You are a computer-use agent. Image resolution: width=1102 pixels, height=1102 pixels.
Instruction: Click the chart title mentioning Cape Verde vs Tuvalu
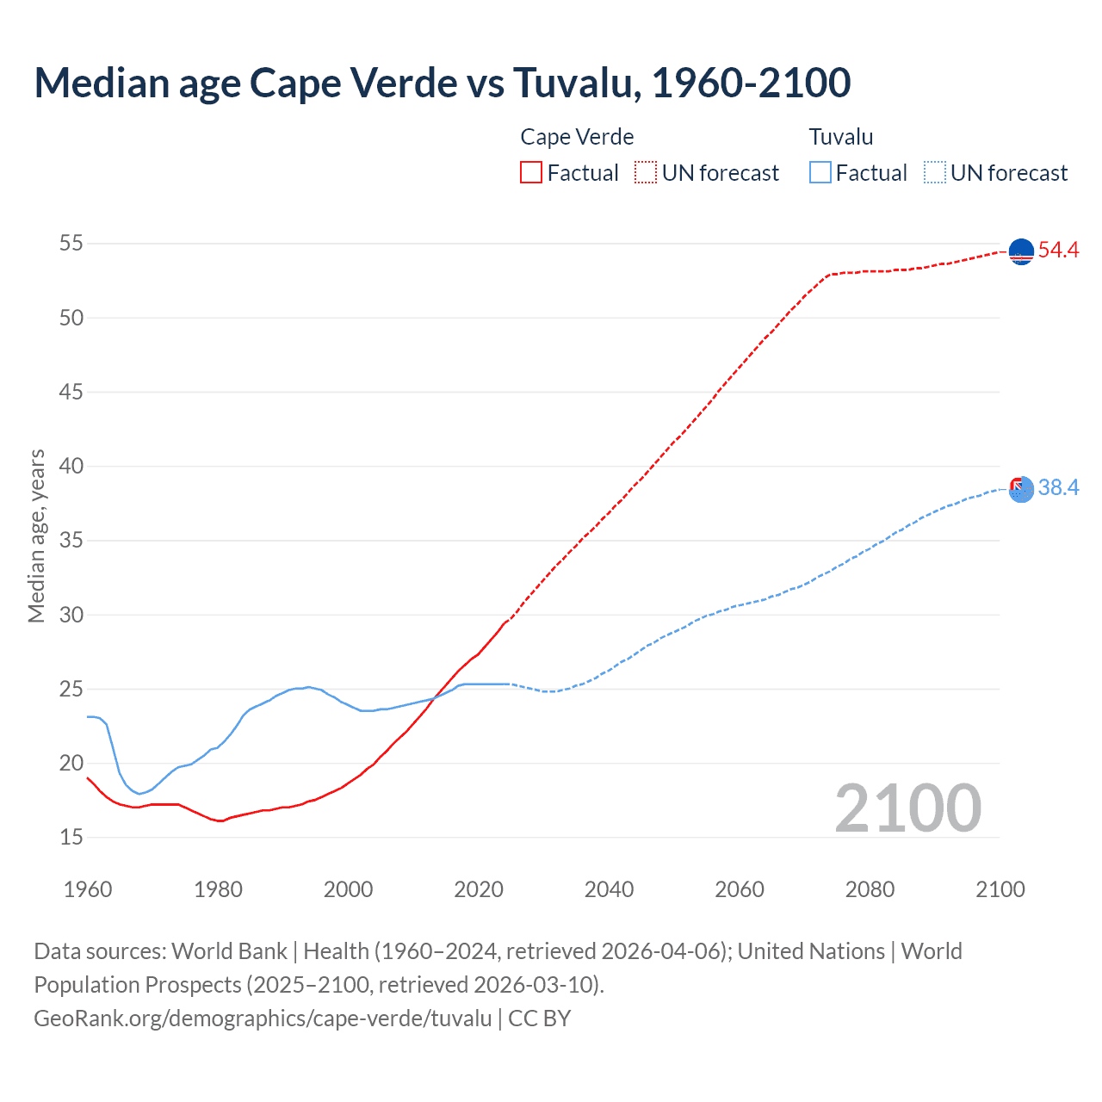coord(443,83)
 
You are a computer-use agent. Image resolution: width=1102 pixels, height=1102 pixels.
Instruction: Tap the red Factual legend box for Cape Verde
coord(531,172)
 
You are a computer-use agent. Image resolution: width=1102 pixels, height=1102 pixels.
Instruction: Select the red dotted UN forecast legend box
coord(646,172)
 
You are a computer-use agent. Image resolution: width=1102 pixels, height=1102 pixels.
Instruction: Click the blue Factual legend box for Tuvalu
coord(820,172)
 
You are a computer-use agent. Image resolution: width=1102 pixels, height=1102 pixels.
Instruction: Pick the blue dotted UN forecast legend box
coord(934,172)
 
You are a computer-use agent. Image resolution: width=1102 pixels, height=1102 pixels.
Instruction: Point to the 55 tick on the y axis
coord(71,244)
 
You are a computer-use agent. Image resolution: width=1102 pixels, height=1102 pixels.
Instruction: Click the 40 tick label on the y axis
coord(71,467)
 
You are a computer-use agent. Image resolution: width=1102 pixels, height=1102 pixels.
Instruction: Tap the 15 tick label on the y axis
coord(71,837)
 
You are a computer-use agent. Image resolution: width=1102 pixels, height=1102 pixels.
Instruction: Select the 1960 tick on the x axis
coord(88,889)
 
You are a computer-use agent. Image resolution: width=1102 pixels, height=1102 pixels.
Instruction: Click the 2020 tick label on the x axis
coord(479,889)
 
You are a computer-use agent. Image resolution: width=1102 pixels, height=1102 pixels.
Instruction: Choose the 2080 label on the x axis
coord(870,889)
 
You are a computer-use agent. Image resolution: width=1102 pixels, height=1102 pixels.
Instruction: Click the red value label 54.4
coord(1058,251)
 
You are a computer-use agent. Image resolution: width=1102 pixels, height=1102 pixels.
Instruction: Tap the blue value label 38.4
coord(1058,488)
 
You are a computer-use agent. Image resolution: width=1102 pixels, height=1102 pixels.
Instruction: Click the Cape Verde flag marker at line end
coord(1021,251)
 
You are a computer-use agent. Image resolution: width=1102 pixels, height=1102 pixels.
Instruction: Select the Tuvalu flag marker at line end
coord(1021,489)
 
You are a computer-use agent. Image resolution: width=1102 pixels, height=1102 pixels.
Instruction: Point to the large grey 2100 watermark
coord(908,808)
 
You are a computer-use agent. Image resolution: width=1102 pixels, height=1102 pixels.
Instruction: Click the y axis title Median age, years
coord(36,536)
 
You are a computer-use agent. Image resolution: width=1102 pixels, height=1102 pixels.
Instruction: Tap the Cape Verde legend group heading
coord(577,137)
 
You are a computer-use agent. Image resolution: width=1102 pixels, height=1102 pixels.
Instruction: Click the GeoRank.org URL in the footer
coord(263,1018)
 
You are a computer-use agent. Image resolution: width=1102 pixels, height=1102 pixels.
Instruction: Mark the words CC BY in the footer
coord(540,1018)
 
